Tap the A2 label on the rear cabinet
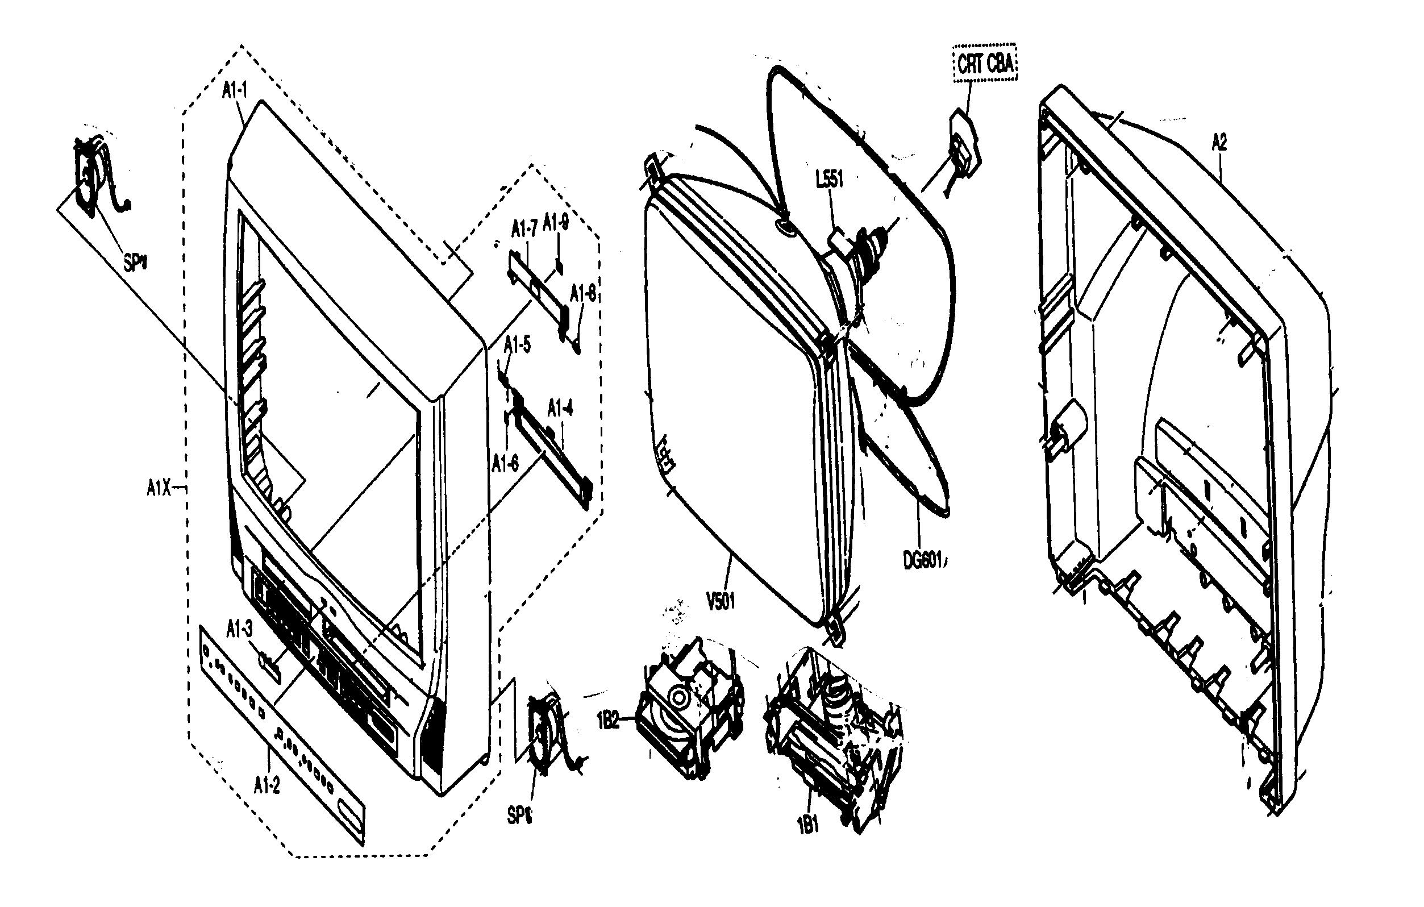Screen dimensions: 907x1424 [1219, 143]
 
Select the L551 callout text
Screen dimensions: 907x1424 [829, 179]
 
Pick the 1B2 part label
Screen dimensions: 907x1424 [607, 722]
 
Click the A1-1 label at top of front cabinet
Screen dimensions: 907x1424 [235, 90]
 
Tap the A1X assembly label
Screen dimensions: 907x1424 [159, 488]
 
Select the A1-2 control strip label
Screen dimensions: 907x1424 [267, 785]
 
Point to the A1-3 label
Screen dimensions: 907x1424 [239, 629]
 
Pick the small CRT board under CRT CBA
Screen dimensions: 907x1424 [964, 145]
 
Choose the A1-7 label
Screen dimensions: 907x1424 [523, 228]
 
